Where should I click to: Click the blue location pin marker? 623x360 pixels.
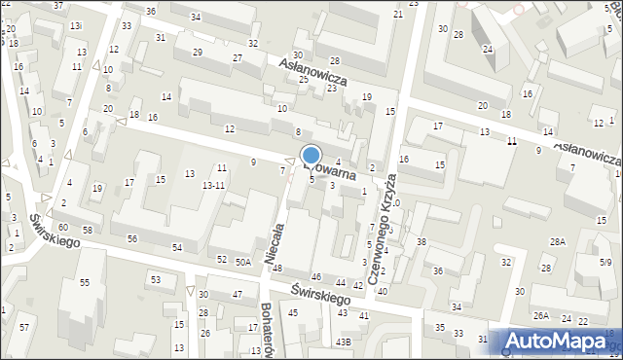[x=311, y=157]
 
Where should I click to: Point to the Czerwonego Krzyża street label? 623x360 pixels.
[x=384, y=213]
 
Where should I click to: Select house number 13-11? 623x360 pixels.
[x=213, y=185]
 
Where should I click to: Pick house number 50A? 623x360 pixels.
[x=242, y=262]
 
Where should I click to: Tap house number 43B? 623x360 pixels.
[x=343, y=342]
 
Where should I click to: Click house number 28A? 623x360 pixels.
[x=557, y=241]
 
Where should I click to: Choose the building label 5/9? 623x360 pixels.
[x=605, y=262]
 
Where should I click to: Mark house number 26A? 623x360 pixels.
[x=541, y=315]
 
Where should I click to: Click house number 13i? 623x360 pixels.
[x=76, y=24]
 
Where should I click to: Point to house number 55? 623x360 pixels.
[x=85, y=282]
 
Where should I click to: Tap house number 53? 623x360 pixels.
[x=155, y=280]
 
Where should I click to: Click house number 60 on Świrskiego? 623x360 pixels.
[x=62, y=227]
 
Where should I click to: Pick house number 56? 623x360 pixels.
[x=132, y=238]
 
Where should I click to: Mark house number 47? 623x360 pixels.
[x=237, y=294]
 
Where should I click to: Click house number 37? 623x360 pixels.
[x=58, y=6]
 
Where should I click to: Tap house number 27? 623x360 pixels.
[x=237, y=58]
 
